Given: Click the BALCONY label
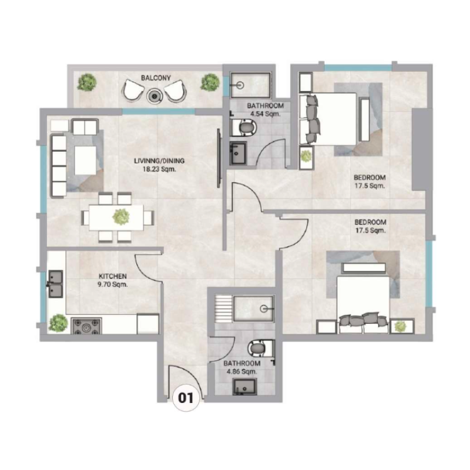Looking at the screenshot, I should (156, 78).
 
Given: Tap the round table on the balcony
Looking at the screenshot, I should (156, 92).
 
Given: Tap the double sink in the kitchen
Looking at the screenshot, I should (56, 284).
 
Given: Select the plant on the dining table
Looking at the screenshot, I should (121, 217).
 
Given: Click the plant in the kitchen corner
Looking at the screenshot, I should (58, 322).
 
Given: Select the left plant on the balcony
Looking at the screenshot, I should (88, 82).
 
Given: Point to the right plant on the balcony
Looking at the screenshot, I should (209, 82).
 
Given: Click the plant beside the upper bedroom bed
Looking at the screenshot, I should (305, 156).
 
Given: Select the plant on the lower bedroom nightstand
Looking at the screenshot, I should (401, 325).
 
